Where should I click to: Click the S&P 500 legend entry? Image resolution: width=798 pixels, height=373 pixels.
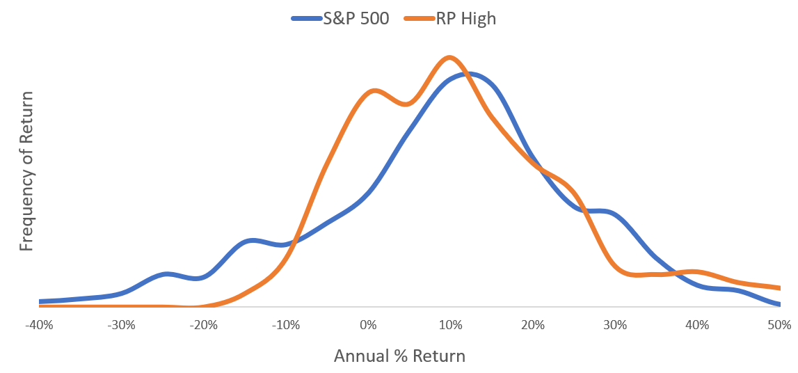[x=340, y=19]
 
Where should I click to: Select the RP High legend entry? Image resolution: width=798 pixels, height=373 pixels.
[x=450, y=19]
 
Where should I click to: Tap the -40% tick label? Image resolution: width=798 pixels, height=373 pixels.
[x=39, y=325]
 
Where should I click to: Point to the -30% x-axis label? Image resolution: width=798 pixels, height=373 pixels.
[x=121, y=325]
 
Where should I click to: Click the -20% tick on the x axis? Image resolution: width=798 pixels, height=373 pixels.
[x=204, y=325]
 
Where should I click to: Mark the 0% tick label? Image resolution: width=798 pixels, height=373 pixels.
[x=368, y=325]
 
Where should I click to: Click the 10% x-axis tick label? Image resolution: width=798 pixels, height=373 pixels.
[x=450, y=325]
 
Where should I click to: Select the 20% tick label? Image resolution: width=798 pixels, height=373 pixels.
[x=532, y=325]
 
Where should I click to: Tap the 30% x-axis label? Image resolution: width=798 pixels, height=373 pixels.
[x=615, y=325]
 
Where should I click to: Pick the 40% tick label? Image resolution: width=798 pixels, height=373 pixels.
[x=697, y=325]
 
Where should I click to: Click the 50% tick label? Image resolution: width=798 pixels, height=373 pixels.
[x=779, y=325]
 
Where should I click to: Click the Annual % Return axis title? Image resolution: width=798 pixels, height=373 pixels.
[x=399, y=356]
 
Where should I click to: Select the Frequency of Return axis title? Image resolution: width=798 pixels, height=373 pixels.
[x=26, y=171]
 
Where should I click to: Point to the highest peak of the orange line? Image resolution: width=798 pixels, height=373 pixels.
[x=448, y=58]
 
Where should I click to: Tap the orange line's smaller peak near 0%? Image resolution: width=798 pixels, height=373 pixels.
[x=374, y=91]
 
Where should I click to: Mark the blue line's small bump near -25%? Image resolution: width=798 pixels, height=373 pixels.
[x=167, y=274]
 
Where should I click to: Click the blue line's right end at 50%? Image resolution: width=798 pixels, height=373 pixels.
[x=779, y=304]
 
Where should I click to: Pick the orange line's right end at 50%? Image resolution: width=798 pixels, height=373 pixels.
[x=779, y=288]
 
